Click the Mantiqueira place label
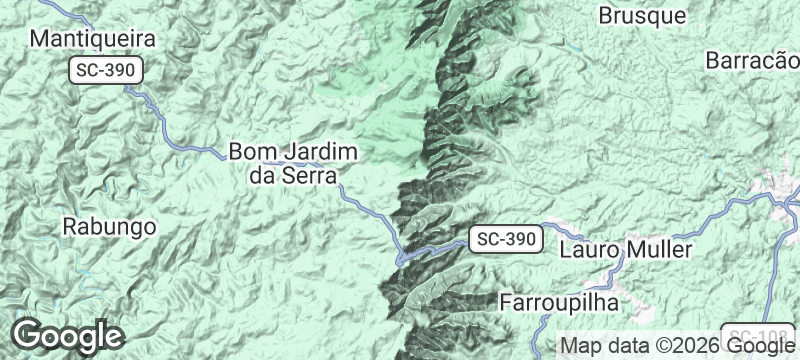94,39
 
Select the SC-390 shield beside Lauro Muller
505,239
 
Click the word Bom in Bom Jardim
250,151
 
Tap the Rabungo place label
109,226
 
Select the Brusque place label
642,16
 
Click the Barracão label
752,60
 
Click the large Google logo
67,336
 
